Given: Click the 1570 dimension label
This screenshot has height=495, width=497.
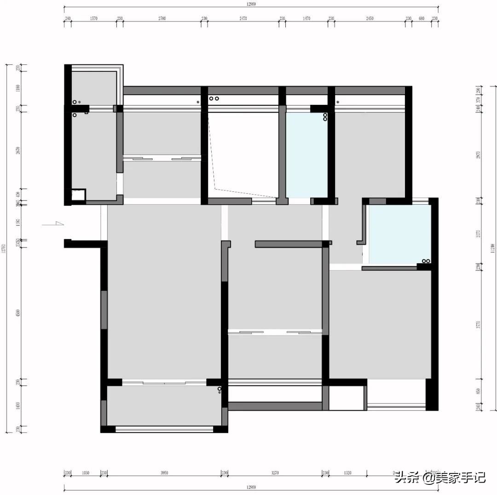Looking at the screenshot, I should coord(94,18).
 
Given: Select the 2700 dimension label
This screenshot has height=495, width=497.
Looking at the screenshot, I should coord(162,18).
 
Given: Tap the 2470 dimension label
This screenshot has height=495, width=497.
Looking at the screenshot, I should coord(243,18).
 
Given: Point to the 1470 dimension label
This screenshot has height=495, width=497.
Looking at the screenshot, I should coord(306,18).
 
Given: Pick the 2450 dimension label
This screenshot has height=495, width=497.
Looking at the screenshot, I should coord(370,18).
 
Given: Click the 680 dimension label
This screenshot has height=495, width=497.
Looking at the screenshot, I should coord(421,18).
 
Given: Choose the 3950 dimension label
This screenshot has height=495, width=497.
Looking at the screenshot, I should coord(164,473).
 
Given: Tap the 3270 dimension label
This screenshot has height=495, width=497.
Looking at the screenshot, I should coord(275,473).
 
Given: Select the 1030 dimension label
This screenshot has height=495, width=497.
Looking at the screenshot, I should coord(86,473).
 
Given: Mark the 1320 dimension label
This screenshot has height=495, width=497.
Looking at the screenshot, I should coord(347,473).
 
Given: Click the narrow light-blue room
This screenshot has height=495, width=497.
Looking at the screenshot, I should coord(306,155).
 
